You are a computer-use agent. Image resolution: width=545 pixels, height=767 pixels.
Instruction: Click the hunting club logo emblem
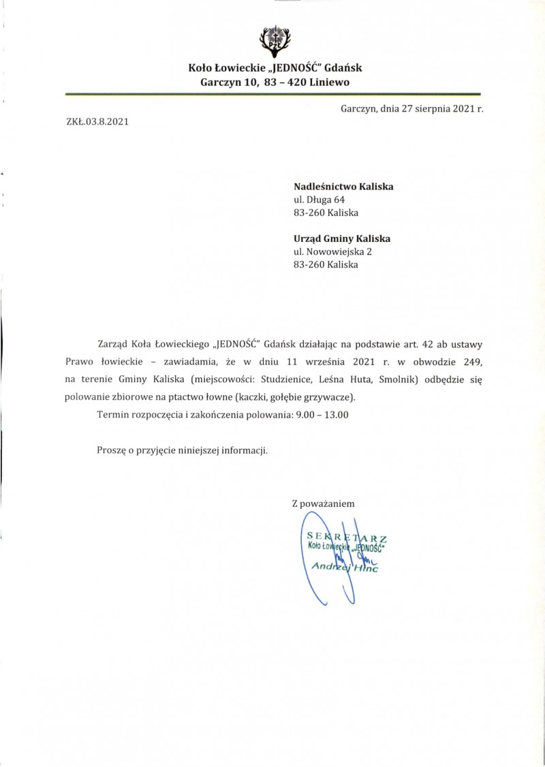click(x=275, y=40)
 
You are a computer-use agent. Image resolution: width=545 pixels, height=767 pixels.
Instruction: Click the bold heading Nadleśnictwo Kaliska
click(x=343, y=187)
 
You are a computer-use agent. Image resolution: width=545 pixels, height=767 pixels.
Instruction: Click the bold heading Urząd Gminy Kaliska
click(x=341, y=238)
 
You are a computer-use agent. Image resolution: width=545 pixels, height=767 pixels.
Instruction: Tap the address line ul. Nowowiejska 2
click(x=332, y=251)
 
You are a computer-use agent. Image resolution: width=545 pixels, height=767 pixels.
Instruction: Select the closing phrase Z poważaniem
click(x=323, y=504)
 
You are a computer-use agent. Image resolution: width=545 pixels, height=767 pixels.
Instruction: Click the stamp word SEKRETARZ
click(x=347, y=537)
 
